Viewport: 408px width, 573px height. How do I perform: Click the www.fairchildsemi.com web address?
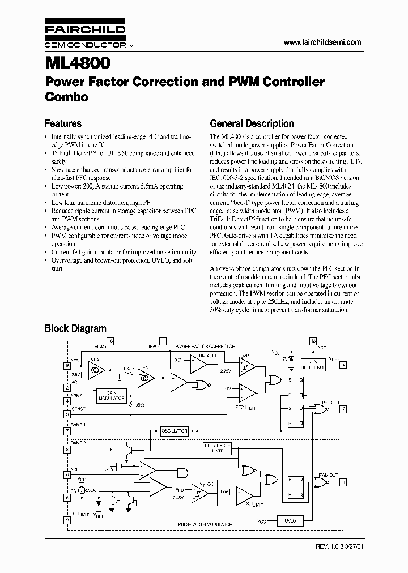321,42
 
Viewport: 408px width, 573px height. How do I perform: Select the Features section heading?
63,123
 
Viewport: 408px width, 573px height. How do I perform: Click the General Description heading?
252,123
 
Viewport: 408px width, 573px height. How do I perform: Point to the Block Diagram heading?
75,328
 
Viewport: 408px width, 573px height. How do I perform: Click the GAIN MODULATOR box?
111,395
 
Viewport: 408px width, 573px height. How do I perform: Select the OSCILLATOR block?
173,431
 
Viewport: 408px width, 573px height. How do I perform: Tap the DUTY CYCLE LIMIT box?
218,448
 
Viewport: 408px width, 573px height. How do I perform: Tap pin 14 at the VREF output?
343,365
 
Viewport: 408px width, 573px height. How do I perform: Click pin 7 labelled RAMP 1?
67,431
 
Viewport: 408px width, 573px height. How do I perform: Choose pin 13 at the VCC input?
313,341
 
